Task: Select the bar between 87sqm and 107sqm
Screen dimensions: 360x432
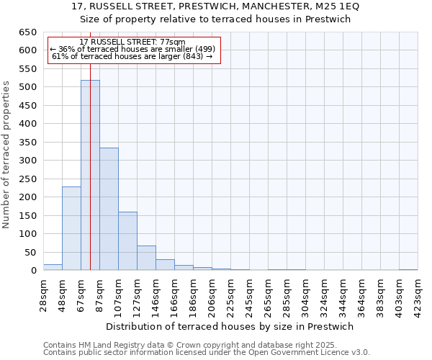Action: (x=109, y=209)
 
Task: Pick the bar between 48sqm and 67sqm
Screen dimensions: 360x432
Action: (x=71, y=228)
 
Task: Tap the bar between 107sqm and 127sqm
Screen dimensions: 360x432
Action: (x=127, y=241)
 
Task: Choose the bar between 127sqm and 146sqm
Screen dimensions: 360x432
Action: (x=146, y=258)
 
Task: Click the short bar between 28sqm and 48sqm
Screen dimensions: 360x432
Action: (x=53, y=267)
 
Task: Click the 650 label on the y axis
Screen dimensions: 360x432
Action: (x=27, y=32)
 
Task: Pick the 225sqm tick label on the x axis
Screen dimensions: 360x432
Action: (x=231, y=293)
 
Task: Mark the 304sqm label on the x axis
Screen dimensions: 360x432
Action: (x=306, y=293)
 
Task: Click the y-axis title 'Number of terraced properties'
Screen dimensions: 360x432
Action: (x=6, y=154)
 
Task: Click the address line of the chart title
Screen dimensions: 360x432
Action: (x=215, y=6)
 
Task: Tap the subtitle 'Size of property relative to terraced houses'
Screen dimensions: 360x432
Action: (x=215, y=19)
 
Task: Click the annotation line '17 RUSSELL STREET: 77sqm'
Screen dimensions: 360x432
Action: (x=132, y=42)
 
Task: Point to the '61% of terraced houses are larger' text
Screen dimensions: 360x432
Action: (x=132, y=56)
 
